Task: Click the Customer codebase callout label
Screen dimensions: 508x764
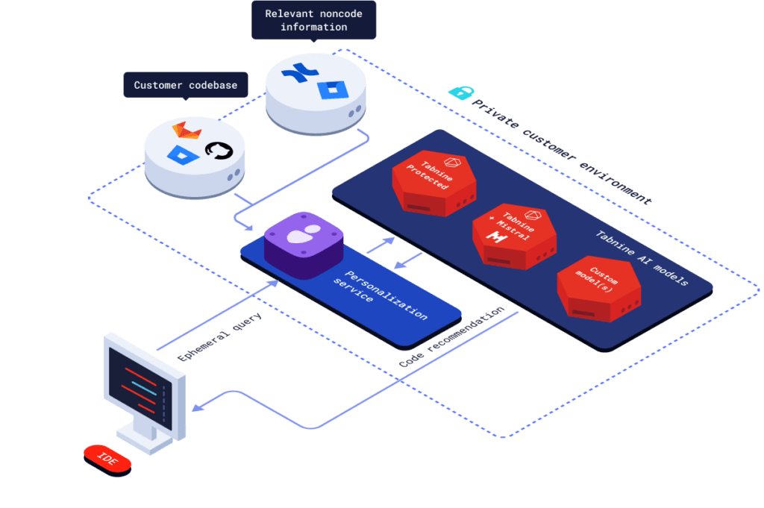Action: click(186, 85)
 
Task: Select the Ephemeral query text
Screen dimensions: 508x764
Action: click(220, 331)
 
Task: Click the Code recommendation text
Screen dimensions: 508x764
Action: click(451, 336)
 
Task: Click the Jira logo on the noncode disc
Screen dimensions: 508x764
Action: click(328, 90)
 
